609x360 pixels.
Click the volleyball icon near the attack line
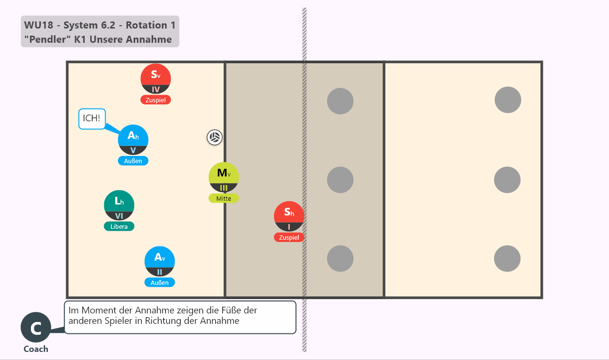215,137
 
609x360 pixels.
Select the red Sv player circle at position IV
156,79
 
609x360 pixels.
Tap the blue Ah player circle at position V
133,140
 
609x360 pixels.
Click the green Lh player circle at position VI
119,205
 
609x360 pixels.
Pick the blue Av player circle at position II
159,262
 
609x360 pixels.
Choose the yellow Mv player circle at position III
224,177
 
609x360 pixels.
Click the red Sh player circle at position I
289,216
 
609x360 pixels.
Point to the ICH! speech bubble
92,119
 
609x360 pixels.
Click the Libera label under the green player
119,226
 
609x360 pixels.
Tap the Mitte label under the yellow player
224,198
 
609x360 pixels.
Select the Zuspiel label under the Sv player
156,100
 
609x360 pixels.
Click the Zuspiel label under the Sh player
289,237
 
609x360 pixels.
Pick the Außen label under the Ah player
133,161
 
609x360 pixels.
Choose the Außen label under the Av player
159,282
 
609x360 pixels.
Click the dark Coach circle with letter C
36,327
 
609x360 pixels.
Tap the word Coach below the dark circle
36,349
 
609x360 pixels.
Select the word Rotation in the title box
147,25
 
